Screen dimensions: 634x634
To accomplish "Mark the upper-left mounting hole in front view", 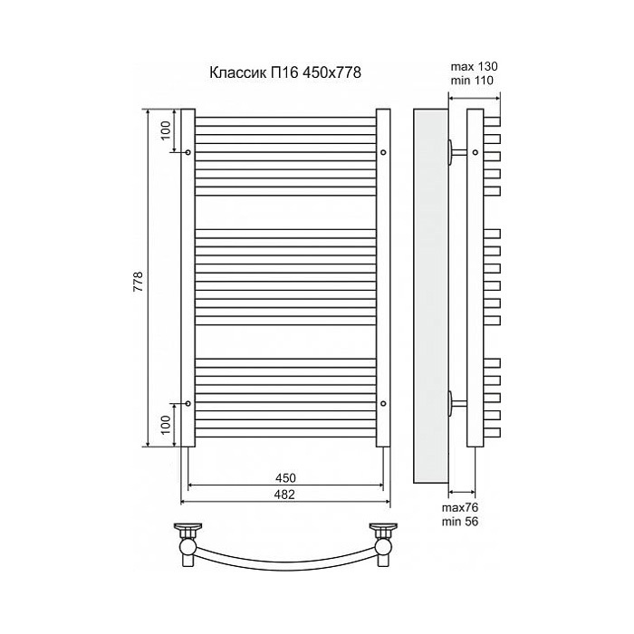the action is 187,152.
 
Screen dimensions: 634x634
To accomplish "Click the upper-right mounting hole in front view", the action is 384,152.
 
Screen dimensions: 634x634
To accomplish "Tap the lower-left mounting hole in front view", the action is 187,403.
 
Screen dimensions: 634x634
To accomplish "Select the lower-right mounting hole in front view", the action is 384,403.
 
